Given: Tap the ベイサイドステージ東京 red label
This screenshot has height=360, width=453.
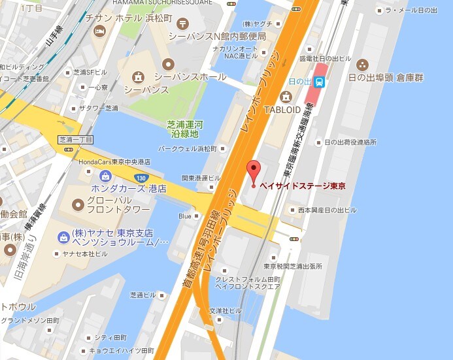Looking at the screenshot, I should point(303,186).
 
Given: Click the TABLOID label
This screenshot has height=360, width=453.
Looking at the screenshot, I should point(282,110).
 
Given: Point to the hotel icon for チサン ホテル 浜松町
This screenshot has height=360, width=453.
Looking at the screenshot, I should point(100,31).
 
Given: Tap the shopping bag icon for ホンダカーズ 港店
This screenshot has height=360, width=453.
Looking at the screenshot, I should point(105,176).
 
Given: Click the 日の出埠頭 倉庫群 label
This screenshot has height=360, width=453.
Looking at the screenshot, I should point(396,78).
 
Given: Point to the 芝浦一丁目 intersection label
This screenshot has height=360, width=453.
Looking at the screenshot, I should point(76,140).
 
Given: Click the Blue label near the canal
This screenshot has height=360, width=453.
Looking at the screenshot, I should point(184,216).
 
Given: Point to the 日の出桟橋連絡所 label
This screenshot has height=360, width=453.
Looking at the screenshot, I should point(350,142).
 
